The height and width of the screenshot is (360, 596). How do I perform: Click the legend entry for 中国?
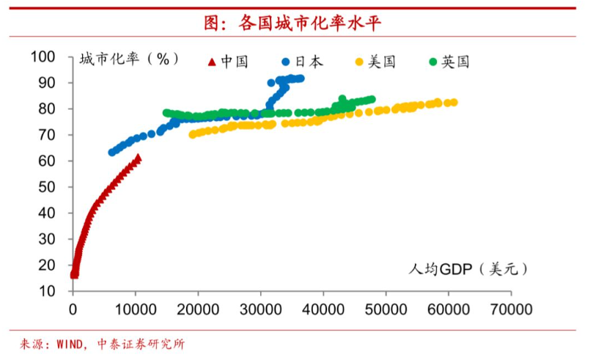pyautogui.click(x=228, y=62)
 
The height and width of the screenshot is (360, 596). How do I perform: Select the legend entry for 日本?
pyautogui.click(x=301, y=62)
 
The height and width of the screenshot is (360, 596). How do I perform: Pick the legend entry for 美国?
pyautogui.click(x=375, y=62)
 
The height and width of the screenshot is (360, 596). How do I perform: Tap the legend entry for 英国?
pyautogui.click(x=448, y=62)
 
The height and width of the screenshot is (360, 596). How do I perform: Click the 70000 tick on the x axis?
pyautogui.click(x=511, y=309)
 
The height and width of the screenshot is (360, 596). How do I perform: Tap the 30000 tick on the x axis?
pyautogui.click(x=261, y=309)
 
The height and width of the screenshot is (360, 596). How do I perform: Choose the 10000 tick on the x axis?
pyautogui.click(x=136, y=309)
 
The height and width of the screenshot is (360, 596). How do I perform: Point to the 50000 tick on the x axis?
pyautogui.click(x=386, y=309)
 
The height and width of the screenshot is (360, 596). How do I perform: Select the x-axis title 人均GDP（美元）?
pyautogui.click(x=468, y=269)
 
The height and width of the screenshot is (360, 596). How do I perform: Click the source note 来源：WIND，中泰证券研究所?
pyautogui.click(x=102, y=344)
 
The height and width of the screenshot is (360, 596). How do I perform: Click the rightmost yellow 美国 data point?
pyautogui.click(x=454, y=103)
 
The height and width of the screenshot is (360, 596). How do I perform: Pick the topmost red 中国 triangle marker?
pyautogui.click(x=138, y=158)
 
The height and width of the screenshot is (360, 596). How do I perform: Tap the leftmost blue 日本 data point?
pyautogui.click(x=112, y=153)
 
